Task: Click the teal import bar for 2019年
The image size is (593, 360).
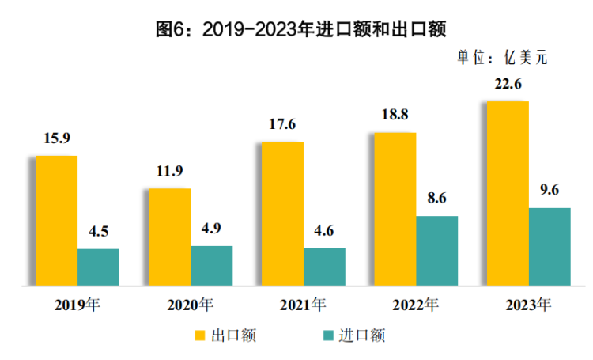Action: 98,267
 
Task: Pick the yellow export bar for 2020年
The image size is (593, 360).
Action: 170,237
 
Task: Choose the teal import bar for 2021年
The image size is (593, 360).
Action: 324,266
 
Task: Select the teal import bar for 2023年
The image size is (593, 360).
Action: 550,246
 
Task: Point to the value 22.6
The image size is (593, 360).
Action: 508,84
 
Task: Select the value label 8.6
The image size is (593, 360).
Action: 436,198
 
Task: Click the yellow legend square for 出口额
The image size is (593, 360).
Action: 200,335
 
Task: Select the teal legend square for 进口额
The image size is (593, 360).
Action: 327,335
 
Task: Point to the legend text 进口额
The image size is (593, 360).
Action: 363,335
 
